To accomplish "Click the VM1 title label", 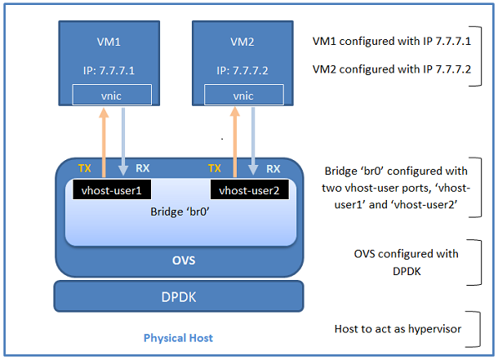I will (x=104, y=41).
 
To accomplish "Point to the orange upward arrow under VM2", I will (x=234, y=139).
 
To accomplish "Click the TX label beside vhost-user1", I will (x=85, y=169).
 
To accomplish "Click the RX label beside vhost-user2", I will (x=273, y=169).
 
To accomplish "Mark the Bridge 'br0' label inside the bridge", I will (x=180, y=211).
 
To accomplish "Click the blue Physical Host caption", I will (x=178, y=337).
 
